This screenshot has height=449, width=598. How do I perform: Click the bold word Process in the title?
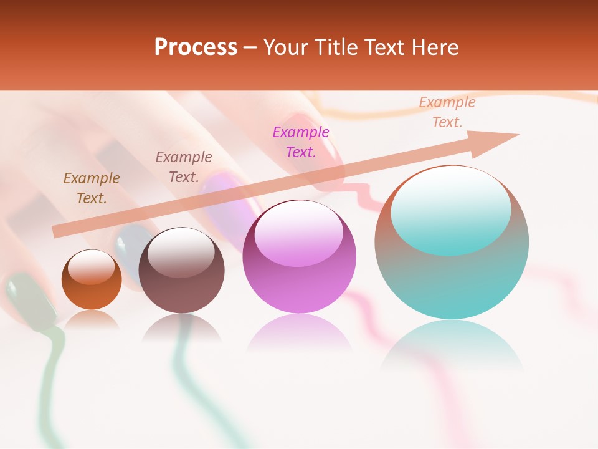coord(196,47)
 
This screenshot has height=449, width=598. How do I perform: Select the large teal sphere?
coord(452,281)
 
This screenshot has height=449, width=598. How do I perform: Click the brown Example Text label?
coord(92,188)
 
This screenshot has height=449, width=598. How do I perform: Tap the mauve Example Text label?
coord(184,167)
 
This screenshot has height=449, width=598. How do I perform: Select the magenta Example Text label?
coord(301,142)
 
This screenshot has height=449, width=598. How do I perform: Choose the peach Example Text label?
coord(447,112)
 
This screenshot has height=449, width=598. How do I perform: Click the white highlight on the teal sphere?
coord(450,209)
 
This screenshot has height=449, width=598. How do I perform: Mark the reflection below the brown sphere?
coord(181,327)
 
